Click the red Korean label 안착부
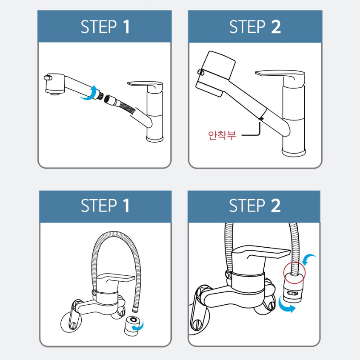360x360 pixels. tap(222, 135)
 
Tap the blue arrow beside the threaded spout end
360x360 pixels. tap(89, 93)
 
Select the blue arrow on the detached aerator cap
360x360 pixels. tap(138, 326)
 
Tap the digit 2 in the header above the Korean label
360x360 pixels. tap(276, 27)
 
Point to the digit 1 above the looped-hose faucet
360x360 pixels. tap(126, 206)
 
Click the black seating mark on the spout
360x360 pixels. tap(261, 118)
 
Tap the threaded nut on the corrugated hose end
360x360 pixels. tap(109, 100)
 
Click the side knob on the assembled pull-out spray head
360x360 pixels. tap(201, 72)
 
